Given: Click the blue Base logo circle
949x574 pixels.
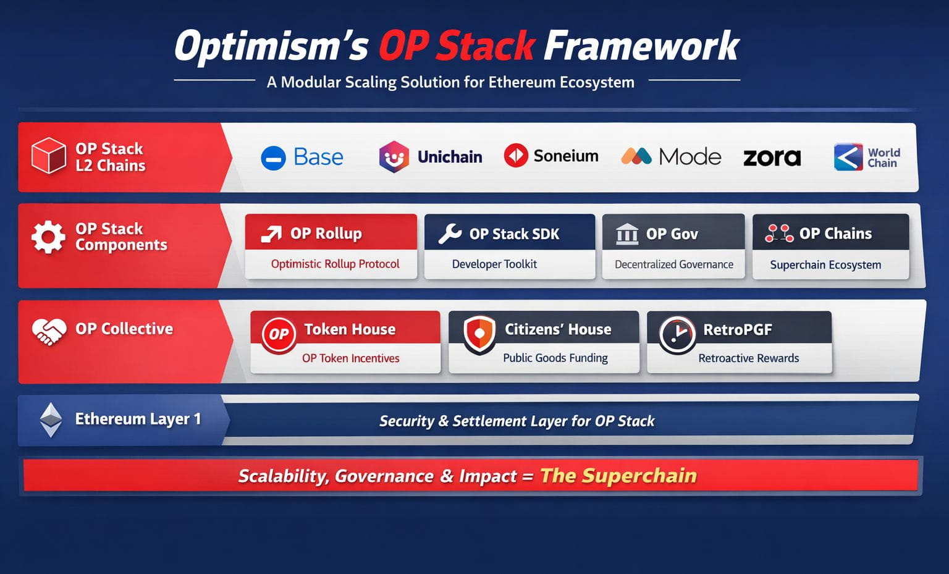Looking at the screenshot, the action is (x=273, y=158).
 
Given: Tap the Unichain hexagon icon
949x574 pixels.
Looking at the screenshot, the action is (x=394, y=157).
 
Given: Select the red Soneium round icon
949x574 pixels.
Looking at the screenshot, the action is (x=516, y=155).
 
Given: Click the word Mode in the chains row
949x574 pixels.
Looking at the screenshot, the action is (x=690, y=157).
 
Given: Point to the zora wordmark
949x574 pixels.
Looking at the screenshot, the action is (x=772, y=157).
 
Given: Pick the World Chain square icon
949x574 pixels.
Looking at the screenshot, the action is (x=848, y=157).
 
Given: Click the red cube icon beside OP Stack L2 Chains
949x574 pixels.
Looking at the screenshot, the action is (x=49, y=156).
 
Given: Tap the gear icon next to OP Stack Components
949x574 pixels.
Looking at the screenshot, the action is (x=48, y=237).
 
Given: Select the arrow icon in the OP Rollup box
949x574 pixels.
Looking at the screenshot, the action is (x=271, y=234).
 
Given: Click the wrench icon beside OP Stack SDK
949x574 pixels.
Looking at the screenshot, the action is (x=450, y=234).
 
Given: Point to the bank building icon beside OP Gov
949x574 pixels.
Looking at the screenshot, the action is (x=627, y=234).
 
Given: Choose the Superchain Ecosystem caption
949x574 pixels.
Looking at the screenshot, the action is (x=825, y=265).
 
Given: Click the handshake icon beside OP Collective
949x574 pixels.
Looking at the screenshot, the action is (x=49, y=332).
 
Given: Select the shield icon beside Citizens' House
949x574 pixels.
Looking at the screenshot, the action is (x=479, y=335).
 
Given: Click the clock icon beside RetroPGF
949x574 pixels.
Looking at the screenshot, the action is (x=677, y=335).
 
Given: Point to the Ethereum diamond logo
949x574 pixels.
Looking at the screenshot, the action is (x=51, y=420).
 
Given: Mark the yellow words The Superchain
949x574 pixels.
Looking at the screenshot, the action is (x=618, y=475).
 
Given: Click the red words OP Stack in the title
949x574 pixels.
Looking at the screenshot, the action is (x=457, y=46).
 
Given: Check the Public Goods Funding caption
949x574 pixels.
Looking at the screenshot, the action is (x=555, y=358).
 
